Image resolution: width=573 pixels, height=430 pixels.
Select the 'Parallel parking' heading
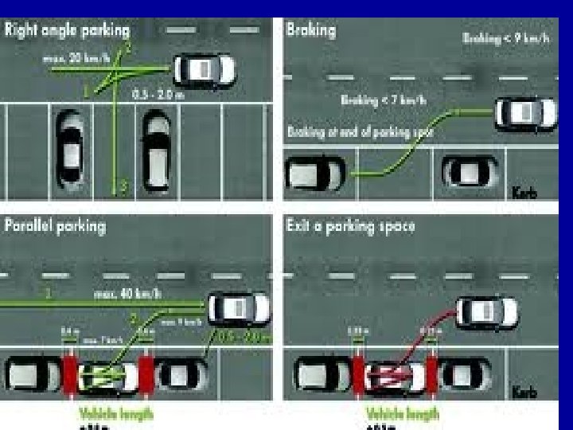click(x=55, y=225)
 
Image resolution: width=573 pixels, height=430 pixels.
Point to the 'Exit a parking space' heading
click(x=350, y=225)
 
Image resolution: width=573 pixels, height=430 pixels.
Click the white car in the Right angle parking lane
click(x=205, y=69)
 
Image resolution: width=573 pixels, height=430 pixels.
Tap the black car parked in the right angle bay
click(x=69, y=143)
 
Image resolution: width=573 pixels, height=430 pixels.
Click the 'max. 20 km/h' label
click(x=76, y=58)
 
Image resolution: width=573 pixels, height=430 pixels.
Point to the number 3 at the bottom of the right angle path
click(x=122, y=188)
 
